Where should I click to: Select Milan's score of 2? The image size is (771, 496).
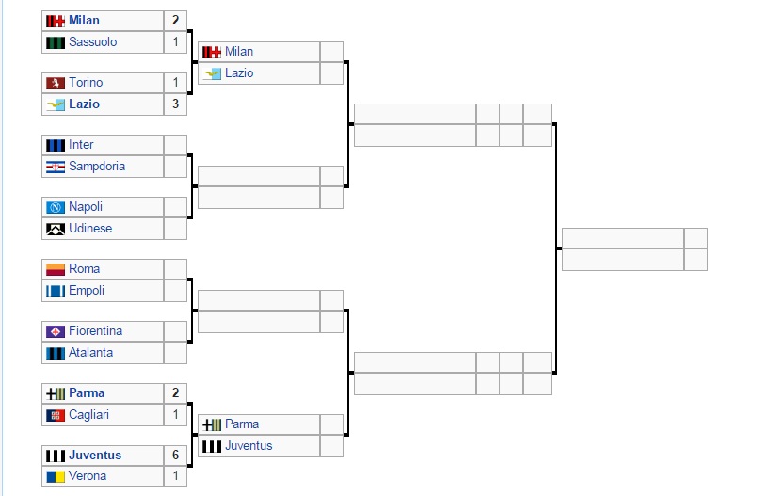[175, 21]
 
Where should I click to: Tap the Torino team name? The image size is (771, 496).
[86, 83]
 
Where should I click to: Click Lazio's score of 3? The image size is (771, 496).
[175, 104]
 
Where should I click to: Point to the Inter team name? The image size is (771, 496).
[81, 145]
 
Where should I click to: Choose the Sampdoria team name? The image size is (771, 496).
[97, 167]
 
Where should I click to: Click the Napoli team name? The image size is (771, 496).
[86, 207]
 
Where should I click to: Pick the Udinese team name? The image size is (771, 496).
[90, 229]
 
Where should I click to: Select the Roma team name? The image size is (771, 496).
[84, 269]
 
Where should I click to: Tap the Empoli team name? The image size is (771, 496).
[87, 291]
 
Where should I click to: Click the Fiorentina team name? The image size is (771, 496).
[95, 331]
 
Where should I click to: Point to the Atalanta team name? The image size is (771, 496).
[90, 353]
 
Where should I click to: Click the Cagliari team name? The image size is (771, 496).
[89, 415]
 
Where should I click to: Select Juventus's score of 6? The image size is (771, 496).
[175, 456]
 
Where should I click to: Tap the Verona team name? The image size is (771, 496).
[88, 476]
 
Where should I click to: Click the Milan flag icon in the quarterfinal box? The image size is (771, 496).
[212, 52]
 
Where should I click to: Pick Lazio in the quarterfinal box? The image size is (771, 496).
[239, 73]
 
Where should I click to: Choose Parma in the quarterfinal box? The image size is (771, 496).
[242, 424]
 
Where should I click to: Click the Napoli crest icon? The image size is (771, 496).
[56, 207]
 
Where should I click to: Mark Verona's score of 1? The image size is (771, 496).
[175, 476]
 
